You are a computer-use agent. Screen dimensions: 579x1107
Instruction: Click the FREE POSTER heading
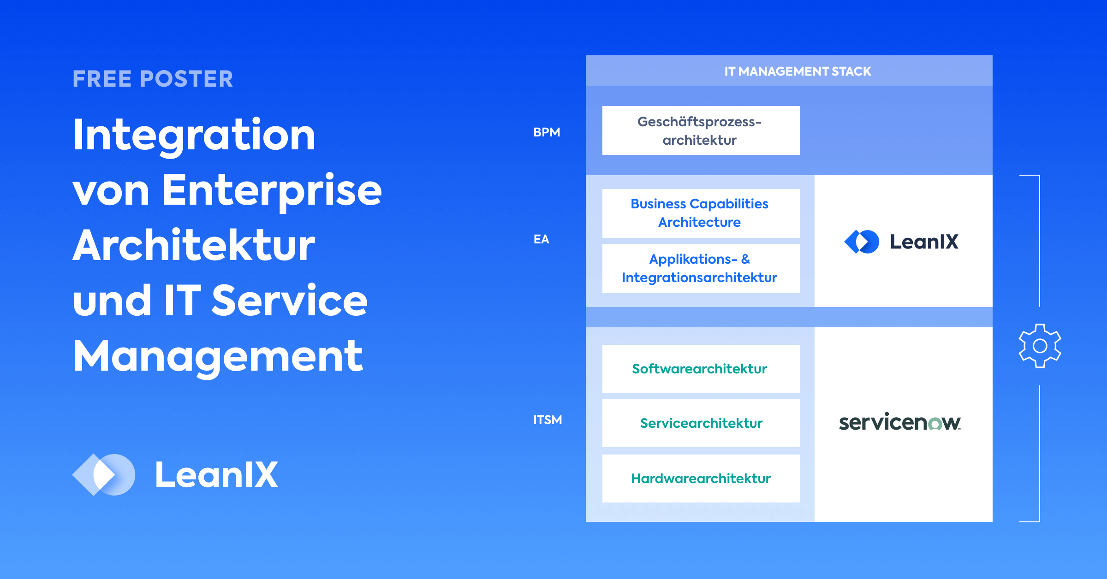coord(153,79)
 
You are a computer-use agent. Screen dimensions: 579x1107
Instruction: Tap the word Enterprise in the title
coord(272,190)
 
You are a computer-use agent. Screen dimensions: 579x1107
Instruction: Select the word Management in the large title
coord(218,356)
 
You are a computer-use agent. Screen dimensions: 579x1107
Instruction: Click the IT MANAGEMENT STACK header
coord(798,71)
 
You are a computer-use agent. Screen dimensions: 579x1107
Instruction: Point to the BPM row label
coord(547,132)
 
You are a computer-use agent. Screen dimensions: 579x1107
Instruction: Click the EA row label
coord(542,239)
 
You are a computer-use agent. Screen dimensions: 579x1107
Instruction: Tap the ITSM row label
coord(548,420)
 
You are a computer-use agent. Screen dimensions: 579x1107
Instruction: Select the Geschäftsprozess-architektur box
coord(701,130)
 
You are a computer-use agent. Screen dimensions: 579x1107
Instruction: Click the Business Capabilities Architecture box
coord(701,213)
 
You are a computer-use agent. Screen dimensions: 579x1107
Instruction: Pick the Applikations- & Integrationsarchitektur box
coord(701,268)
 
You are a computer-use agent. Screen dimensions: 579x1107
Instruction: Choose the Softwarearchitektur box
coord(701,369)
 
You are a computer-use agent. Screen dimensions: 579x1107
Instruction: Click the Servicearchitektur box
coord(701,423)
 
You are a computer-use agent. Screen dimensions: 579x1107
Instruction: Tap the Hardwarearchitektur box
coord(701,479)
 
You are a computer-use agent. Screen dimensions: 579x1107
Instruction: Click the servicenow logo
coord(899,422)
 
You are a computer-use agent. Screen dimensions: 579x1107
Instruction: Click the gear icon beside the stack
coord(1040,346)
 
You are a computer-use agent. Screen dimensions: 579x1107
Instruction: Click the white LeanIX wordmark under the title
coord(216,475)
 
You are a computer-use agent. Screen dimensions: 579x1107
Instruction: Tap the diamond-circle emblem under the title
coord(104,475)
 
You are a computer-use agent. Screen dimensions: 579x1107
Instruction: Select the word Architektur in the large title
coord(194,246)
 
